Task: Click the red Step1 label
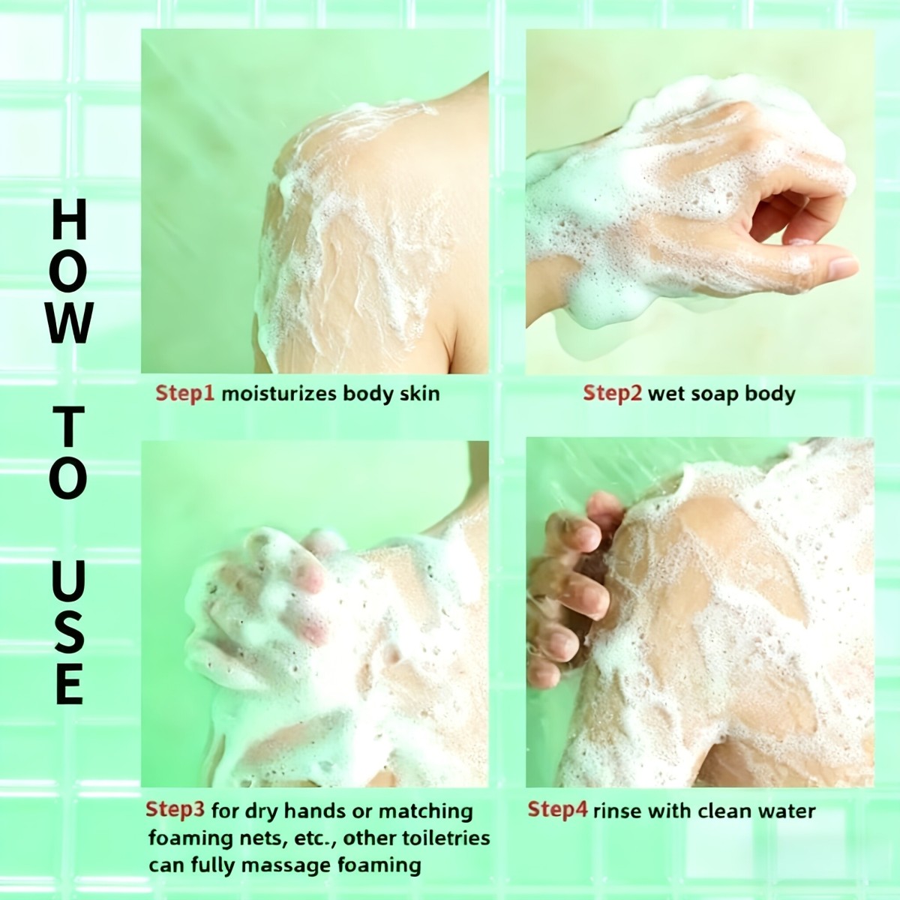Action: coord(184,393)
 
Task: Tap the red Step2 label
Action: coord(613,393)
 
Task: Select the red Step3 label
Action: coord(175,810)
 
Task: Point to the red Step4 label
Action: coord(558,810)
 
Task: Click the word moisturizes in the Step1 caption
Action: coord(279,393)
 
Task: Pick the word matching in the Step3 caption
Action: coord(425,811)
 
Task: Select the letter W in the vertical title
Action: coord(70,322)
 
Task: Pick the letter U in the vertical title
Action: coord(69,581)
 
